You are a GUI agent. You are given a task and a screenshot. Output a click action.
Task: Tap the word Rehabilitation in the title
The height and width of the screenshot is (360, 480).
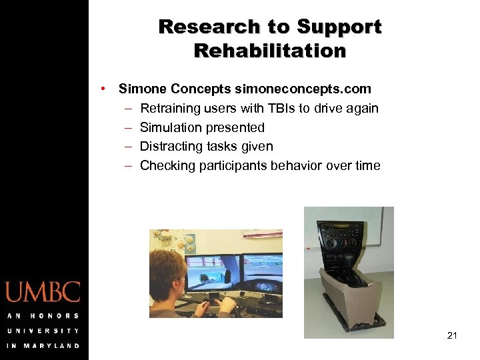point(270,51)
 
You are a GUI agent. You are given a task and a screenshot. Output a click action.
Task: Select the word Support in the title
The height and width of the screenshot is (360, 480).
point(339,27)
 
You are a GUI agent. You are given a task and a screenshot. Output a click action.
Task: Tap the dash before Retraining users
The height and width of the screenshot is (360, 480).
point(127,108)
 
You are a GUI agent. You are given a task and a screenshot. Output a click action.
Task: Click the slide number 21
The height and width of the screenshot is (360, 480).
point(452,335)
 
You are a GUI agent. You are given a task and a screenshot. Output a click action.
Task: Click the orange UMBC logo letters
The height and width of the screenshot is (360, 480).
point(43,293)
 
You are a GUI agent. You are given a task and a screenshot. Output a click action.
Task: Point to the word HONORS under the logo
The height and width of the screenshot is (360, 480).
point(55,316)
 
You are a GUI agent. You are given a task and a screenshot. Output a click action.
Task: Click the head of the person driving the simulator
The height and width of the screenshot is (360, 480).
point(166,270)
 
